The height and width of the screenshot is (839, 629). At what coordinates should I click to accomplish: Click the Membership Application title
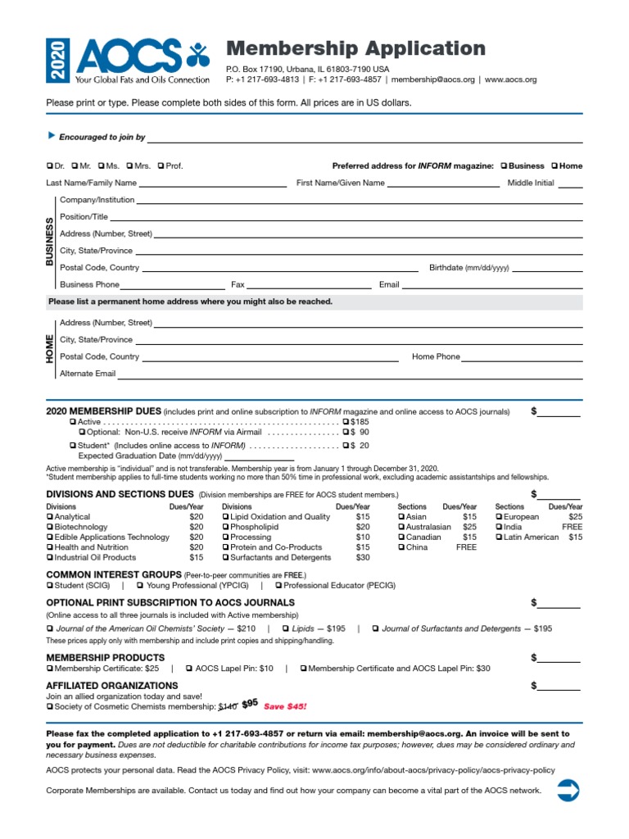(355, 48)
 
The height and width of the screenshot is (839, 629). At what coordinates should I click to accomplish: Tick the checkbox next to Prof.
(161, 166)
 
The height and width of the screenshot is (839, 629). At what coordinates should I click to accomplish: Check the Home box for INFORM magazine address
(554, 166)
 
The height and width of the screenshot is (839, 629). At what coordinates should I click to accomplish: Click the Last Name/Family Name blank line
(215, 184)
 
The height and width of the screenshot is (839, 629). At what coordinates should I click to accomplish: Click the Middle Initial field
(570, 184)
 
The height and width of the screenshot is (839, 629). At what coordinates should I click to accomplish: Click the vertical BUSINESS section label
(49, 242)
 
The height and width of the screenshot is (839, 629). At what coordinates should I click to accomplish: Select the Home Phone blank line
(522, 357)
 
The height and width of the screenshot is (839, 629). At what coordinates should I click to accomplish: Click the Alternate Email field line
(351, 374)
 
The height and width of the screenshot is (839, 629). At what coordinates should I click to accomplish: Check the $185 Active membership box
(346, 421)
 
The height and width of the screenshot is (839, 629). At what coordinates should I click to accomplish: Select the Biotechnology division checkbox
(50, 527)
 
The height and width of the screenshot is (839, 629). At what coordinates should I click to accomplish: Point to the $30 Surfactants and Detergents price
(362, 557)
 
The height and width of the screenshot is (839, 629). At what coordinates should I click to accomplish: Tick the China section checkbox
(401, 547)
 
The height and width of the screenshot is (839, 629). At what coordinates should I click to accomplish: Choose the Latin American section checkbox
(499, 537)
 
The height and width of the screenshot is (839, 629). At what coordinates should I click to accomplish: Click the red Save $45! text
(285, 705)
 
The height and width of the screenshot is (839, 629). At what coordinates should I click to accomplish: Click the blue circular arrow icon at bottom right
(568, 791)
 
